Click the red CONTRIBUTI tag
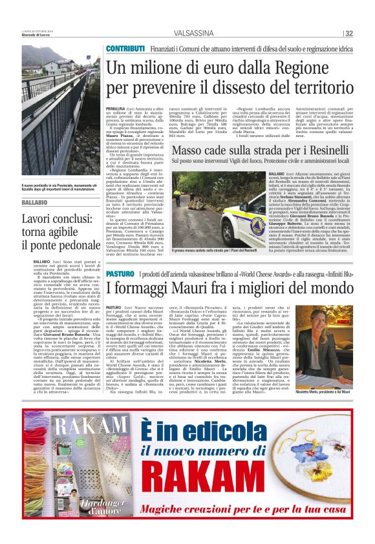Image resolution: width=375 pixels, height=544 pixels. click(x=125, y=49)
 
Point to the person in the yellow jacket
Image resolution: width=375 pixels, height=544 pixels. click(x=177, y=198)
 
